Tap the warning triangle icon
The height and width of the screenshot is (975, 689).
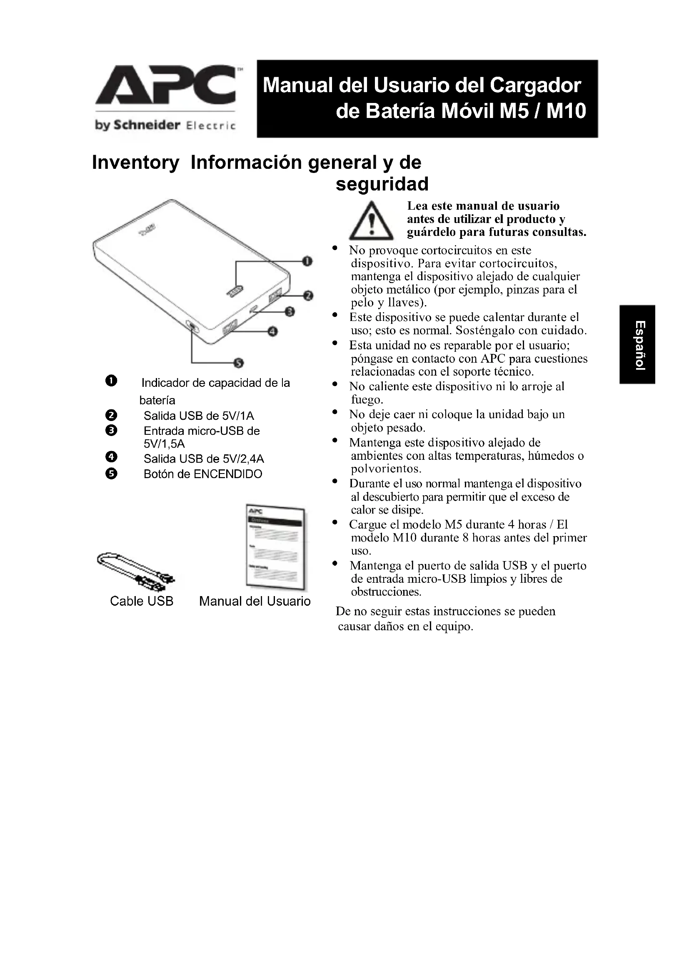371,221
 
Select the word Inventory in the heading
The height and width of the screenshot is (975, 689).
136,163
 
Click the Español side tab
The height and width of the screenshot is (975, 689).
638,344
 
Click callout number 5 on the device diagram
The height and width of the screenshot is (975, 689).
238,363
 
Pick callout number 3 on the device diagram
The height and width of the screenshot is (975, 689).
290,312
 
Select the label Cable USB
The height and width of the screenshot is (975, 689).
142,602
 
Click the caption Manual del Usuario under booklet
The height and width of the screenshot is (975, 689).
255,602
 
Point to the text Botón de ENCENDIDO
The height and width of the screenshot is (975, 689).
203,474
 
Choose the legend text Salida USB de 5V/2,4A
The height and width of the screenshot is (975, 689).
204,459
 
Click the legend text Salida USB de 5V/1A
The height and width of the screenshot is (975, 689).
199,416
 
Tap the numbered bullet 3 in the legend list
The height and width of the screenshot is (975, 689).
111,431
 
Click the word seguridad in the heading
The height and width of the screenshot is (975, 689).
382,184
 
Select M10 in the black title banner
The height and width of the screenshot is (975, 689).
566,111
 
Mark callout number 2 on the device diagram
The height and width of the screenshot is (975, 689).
308,296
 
